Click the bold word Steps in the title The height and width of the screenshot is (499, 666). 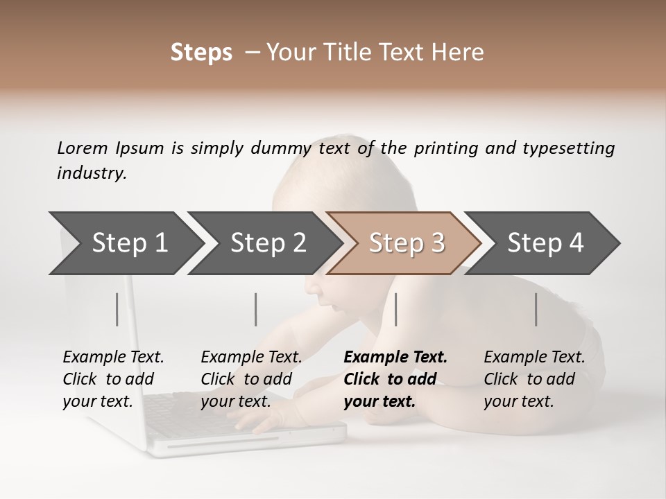[x=201, y=53]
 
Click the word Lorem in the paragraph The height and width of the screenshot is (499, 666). [x=83, y=148]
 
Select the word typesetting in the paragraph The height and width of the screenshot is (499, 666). [x=568, y=148]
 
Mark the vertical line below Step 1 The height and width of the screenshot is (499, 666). [x=117, y=309]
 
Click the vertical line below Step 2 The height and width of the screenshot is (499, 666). [x=256, y=309]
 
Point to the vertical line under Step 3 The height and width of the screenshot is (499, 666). [x=395, y=309]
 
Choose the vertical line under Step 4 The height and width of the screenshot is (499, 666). [x=536, y=309]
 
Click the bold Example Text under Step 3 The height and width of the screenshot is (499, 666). [x=395, y=358]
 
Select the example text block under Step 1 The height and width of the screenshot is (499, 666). [x=113, y=379]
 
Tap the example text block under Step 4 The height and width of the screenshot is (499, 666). [x=534, y=379]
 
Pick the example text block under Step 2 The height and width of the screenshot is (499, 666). [x=251, y=379]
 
